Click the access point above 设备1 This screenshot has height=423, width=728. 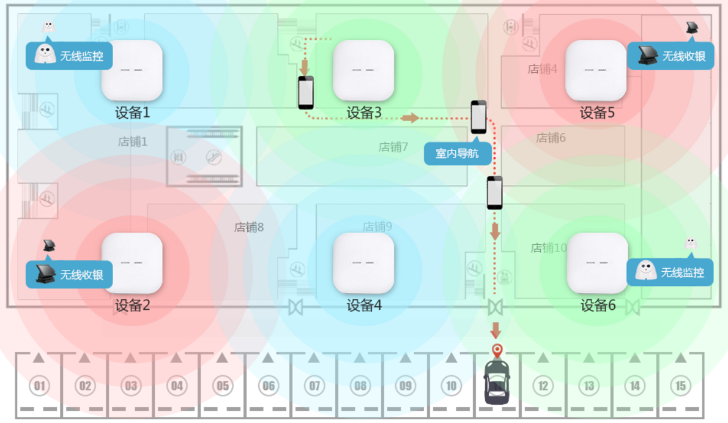point(132,70)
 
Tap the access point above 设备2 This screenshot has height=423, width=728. point(132,263)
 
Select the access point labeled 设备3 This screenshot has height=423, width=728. point(363,70)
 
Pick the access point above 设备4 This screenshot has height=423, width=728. point(363,263)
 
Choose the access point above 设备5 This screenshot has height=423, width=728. point(596,70)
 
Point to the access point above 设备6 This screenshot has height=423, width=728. point(597,263)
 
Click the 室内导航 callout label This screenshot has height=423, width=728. point(458,153)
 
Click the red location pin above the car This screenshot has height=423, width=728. point(496,351)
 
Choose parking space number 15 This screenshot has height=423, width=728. point(680,386)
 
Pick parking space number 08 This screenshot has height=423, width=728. point(360,386)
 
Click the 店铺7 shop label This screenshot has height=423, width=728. point(393,147)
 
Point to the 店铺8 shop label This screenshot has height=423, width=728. point(249,227)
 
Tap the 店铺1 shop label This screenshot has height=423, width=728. point(133,142)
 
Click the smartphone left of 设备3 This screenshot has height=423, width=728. point(306,92)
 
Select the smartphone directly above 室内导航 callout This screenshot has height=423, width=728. point(478,117)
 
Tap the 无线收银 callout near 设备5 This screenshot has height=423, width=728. point(670,56)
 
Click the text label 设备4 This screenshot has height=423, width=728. point(364,305)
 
